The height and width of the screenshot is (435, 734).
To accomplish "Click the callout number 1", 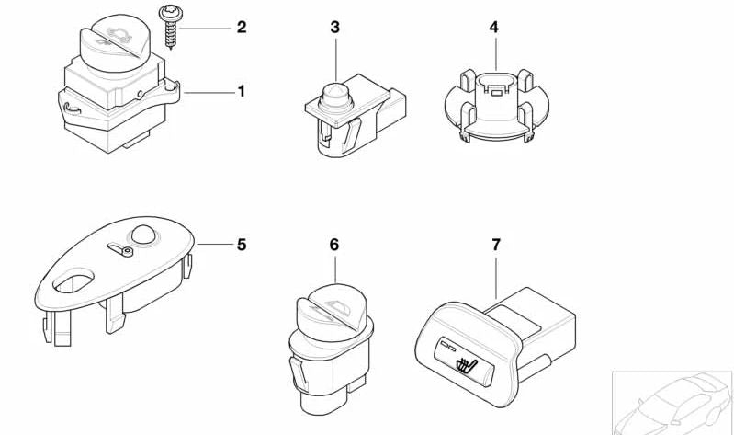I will (x=242, y=91).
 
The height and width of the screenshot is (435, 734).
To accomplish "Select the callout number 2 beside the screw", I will (x=242, y=28).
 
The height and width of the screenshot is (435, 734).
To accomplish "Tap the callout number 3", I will (x=335, y=28).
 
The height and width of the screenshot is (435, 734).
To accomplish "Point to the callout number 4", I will (x=493, y=28).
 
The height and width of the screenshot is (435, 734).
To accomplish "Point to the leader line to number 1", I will (x=210, y=91).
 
